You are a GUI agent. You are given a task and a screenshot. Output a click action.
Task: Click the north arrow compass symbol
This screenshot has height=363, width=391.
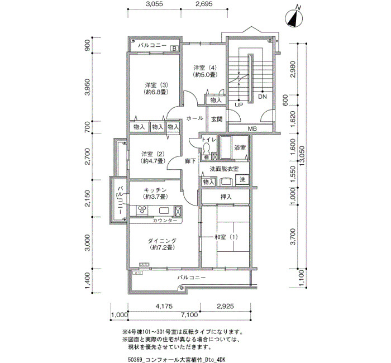click(294, 18)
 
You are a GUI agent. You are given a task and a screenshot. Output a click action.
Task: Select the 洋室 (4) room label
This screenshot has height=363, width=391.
click(205, 68)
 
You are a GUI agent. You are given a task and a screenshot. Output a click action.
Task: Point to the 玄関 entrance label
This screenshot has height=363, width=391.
click(217, 119)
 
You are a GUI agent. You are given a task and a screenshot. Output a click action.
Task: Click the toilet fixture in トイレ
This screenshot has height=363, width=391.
click(206, 149)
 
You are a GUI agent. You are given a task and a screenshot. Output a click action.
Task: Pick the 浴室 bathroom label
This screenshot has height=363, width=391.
click(240, 147)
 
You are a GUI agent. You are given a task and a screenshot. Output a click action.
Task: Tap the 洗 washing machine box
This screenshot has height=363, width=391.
click(242, 179)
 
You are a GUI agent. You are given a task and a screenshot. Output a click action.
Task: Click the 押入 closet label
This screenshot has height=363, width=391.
click(226, 197)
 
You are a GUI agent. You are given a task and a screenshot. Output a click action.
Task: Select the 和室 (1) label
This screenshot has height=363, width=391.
click(226, 237)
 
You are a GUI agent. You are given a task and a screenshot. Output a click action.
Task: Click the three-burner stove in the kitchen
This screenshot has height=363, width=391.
click(142, 210)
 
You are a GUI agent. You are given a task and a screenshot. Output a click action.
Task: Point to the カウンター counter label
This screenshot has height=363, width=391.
click(165, 221)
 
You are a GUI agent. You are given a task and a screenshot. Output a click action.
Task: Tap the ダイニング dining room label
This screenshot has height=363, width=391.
click(162, 241)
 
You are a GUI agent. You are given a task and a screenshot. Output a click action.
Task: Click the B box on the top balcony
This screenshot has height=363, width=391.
click(174, 49)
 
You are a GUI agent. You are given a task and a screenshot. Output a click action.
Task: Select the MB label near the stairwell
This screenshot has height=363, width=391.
click(252, 128)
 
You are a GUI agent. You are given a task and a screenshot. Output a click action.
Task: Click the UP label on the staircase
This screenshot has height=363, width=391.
click(239, 105)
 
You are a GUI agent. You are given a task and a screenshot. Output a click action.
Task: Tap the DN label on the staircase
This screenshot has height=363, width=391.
click(263, 97)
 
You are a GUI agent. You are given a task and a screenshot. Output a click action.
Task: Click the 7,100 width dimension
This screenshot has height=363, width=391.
click(189, 315)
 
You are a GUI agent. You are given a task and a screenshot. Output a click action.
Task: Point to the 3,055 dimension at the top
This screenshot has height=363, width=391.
click(154, 4)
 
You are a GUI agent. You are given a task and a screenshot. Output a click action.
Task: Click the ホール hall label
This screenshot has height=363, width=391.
click(195, 118)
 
